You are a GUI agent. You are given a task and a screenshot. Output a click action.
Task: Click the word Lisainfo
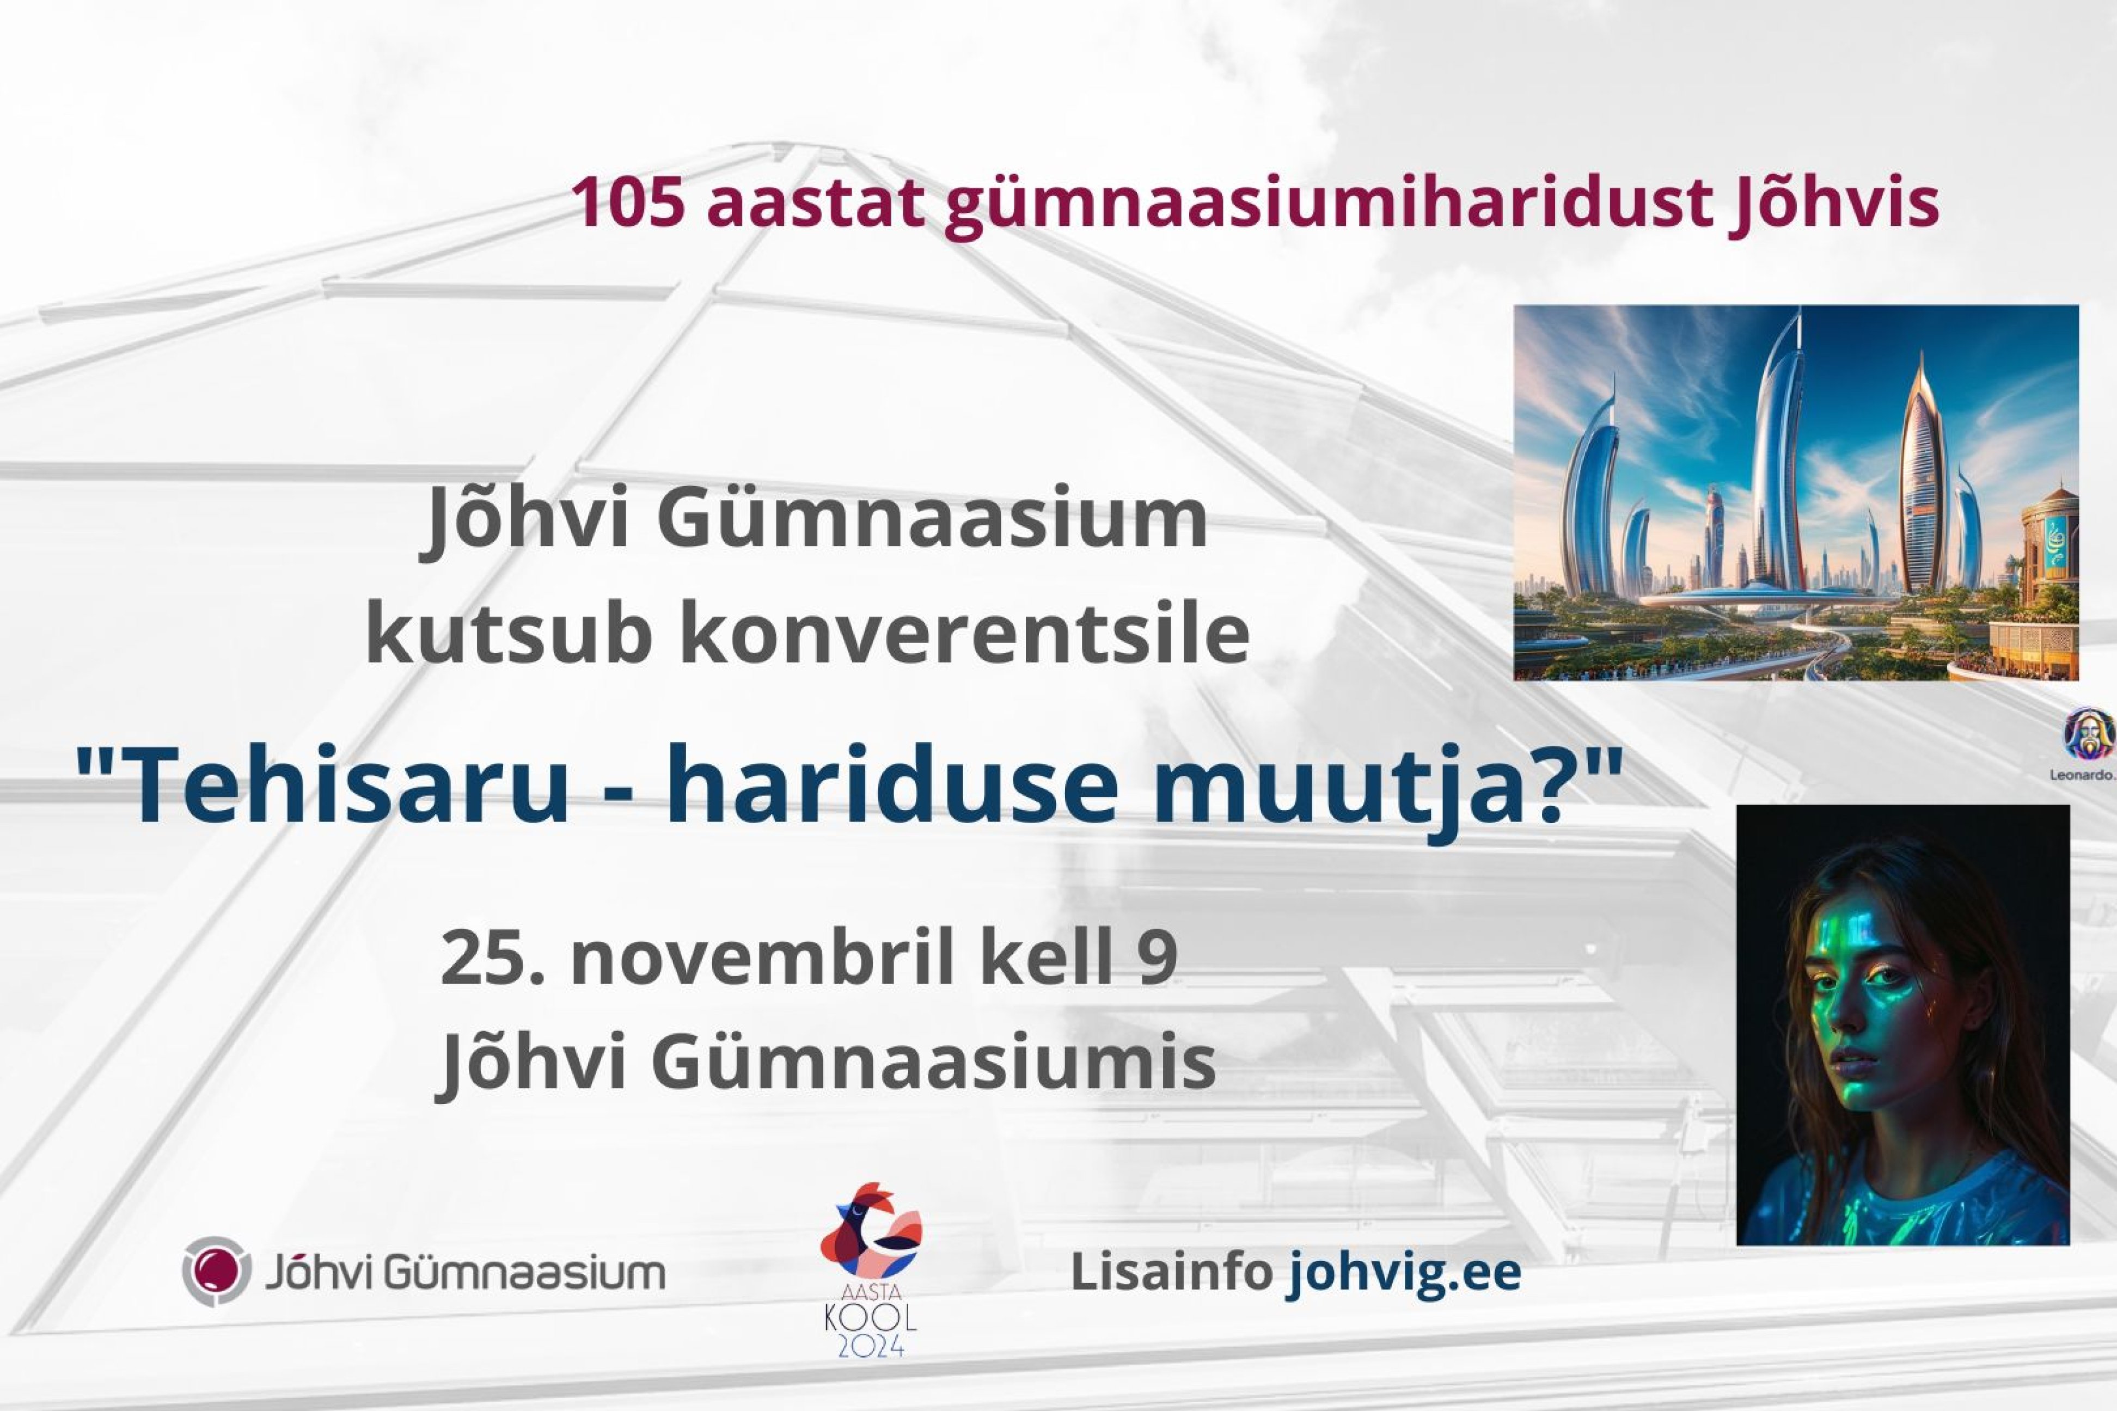pyautogui.click(x=1170, y=1272)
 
